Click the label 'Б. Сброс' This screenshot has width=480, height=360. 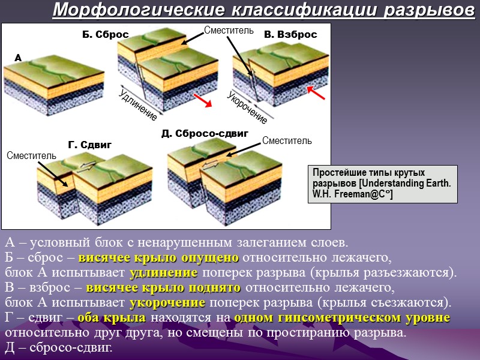pyautogui.click(x=105, y=35)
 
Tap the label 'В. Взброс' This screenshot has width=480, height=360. pyautogui.click(x=290, y=35)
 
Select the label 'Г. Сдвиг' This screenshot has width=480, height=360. pyautogui.click(x=90, y=145)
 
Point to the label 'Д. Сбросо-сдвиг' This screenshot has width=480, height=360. pyautogui.click(x=205, y=133)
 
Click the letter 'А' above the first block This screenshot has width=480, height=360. pyautogui.click(x=17, y=58)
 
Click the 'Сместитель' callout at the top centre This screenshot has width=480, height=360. pyautogui.click(x=229, y=29)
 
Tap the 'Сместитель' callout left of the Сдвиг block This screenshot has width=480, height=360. pyautogui.click(x=31, y=156)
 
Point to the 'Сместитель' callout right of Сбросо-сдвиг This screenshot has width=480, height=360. pyautogui.click(x=287, y=140)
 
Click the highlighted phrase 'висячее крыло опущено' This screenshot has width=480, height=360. pyautogui.click(x=158, y=258)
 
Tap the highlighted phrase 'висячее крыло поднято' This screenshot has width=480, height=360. pyautogui.click(x=155, y=286)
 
